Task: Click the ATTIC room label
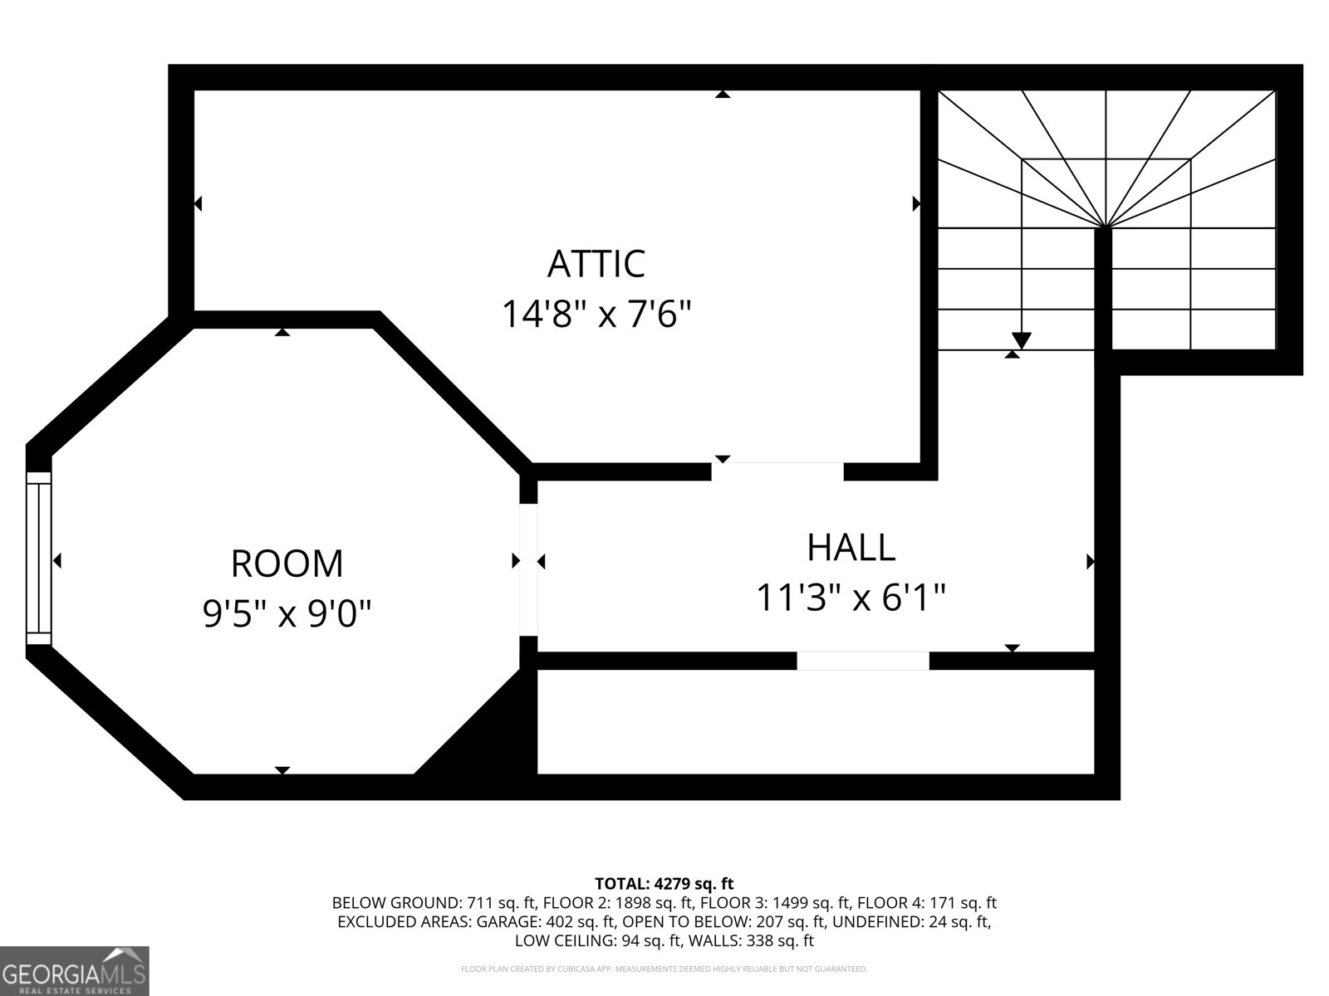click(x=596, y=264)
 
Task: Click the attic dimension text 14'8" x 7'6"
click(x=596, y=315)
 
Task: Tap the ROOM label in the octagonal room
click(x=287, y=564)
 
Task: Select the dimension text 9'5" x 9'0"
click(x=287, y=614)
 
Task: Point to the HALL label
click(x=851, y=548)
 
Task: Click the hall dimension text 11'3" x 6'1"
click(x=851, y=598)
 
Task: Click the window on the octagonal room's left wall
click(x=38, y=559)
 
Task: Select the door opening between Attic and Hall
click(x=777, y=471)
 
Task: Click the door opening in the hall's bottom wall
click(x=862, y=661)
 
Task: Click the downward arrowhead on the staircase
click(x=1021, y=340)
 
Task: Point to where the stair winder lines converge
click(x=1105, y=227)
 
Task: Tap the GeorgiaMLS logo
click(x=74, y=970)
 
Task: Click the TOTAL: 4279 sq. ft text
click(x=664, y=883)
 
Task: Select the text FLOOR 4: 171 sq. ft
click(x=926, y=903)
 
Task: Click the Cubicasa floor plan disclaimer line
click(x=664, y=969)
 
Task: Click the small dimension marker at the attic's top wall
click(x=723, y=95)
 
